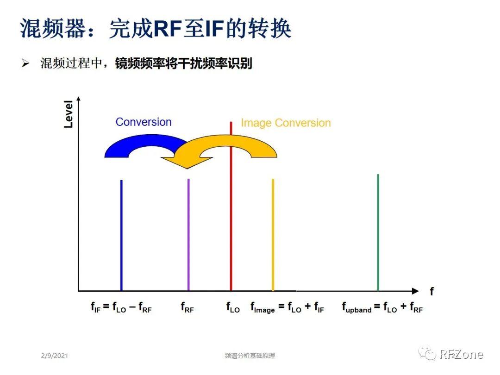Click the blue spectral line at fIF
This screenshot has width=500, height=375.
[x=121, y=235]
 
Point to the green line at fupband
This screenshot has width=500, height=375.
[x=378, y=232]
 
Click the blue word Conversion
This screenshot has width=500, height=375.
[x=144, y=122]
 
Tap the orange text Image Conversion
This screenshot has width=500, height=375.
[x=286, y=123]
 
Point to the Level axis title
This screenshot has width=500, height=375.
[x=69, y=113]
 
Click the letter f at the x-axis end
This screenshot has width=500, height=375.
[x=431, y=291]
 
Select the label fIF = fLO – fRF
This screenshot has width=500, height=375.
[x=121, y=307]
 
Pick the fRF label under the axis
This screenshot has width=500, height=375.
[x=187, y=307]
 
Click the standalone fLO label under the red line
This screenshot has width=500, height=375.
[x=232, y=307]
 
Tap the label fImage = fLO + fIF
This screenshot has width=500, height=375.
[x=287, y=307]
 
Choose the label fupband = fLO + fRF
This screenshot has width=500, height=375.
[x=382, y=307]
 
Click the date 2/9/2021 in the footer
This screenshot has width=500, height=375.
[x=54, y=356]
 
